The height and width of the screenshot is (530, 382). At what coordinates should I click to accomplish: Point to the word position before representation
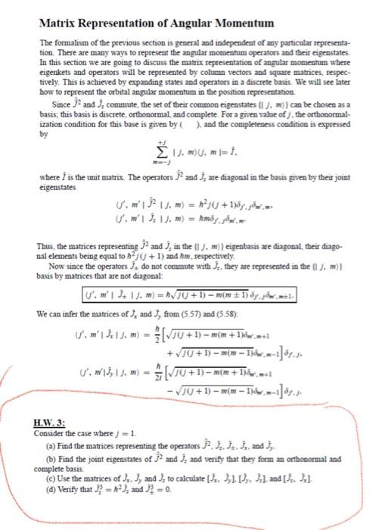pyautogui.click(x=243, y=101)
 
